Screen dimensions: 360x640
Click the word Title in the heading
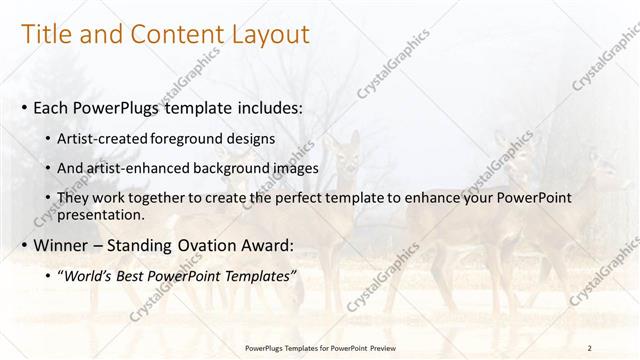pos(47,35)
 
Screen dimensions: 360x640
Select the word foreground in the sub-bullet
pos(186,137)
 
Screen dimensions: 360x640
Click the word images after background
pos(292,168)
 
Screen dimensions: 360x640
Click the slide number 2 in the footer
pos(590,348)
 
